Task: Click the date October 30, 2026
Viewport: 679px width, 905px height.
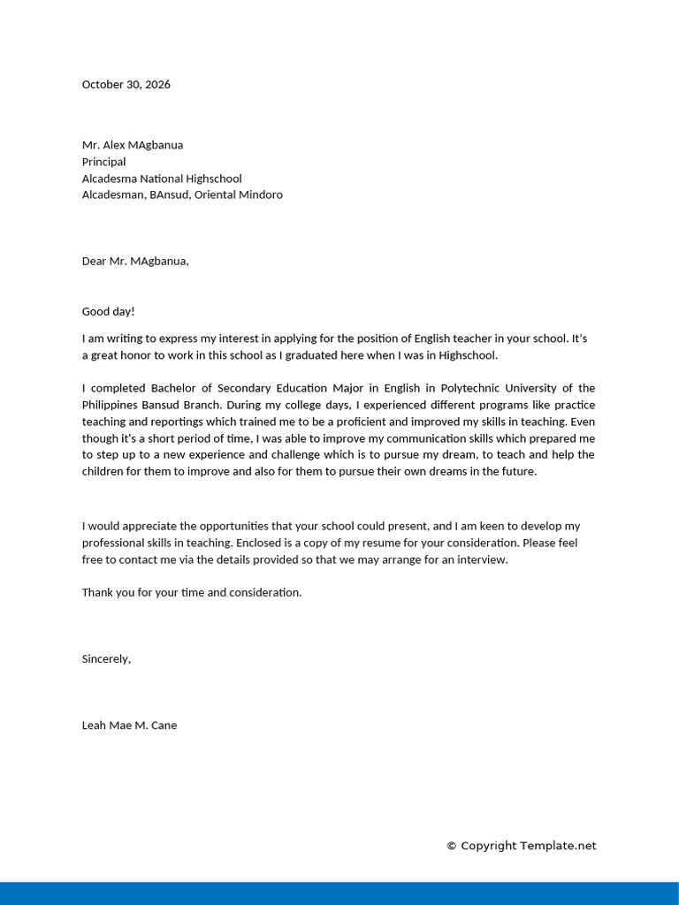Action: (x=126, y=85)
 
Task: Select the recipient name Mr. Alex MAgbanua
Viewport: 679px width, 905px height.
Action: (x=133, y=145)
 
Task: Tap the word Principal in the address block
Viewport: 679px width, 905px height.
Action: (x=103, y=162)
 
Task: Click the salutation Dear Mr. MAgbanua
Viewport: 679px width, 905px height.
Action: (x=135, y=261)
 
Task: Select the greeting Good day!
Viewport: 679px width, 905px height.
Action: (x=108, y=311)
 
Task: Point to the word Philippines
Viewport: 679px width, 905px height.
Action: (x=112, y=405)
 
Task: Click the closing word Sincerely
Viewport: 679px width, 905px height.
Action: (x=105, y=658)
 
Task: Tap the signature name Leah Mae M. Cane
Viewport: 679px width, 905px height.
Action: (x=129, y=726)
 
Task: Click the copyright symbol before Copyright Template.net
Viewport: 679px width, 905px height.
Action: (x=452, y=846)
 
